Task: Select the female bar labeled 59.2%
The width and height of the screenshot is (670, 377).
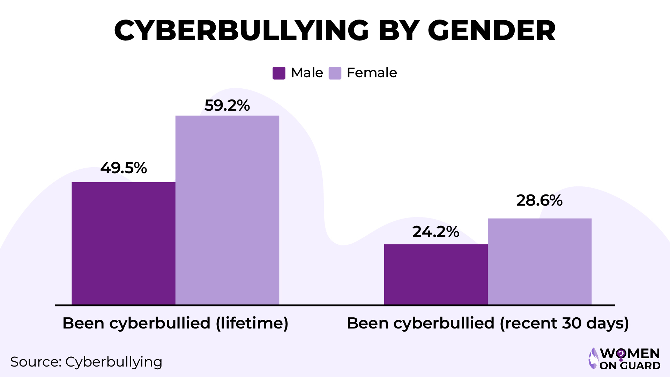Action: coord(227,210)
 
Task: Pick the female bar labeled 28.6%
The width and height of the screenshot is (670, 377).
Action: coord(539,261)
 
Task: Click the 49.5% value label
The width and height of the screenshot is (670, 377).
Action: coord(124,168)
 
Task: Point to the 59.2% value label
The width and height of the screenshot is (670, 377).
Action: coord(227,105)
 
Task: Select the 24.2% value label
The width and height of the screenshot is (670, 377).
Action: coord(435,232)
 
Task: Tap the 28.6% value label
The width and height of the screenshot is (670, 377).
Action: coord(539,200)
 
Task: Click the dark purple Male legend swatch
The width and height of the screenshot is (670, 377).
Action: coord(279,73)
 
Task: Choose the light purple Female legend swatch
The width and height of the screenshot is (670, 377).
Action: coord(335,73)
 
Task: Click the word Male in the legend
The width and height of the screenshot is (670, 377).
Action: coord(307,73)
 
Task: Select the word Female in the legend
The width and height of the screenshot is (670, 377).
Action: coord(372,73)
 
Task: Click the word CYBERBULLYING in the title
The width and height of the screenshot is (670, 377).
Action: coord(241,31)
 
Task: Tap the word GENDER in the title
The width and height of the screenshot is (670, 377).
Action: coord(491,31)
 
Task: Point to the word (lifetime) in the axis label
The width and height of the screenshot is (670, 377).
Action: coord(252,323)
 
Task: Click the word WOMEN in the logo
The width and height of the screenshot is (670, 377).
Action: coord(630,354)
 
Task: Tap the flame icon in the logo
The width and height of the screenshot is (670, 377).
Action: coord(593,358)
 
